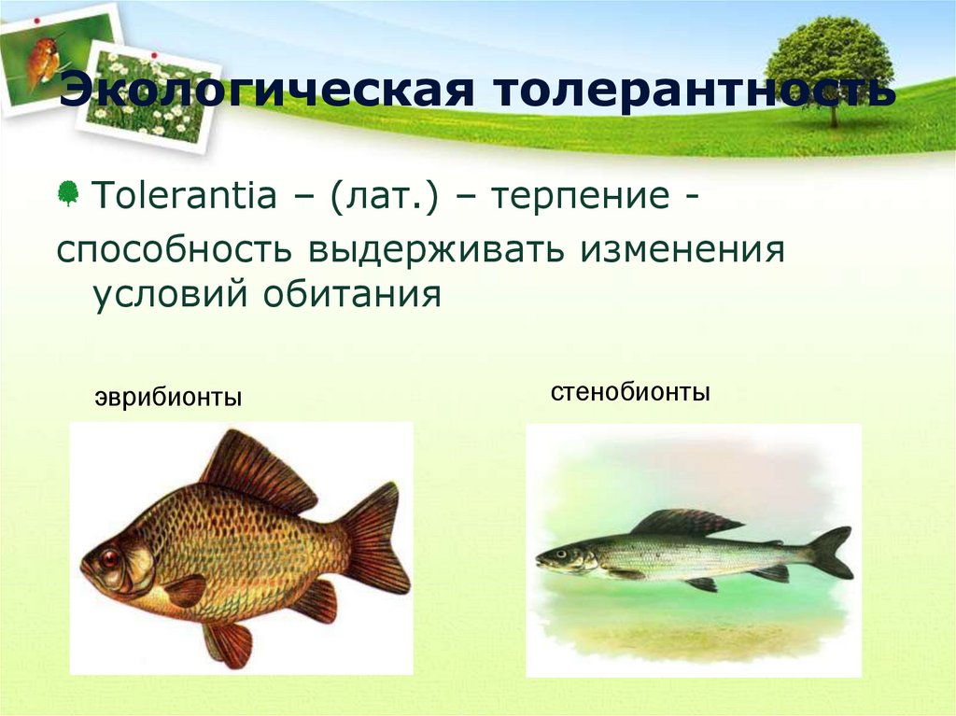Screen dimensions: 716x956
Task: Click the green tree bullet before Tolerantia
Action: pyautogui.click(x=68, y=194)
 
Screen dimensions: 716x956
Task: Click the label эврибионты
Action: pyautogui.click(x=168, y=399)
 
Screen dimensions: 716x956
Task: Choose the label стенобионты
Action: pyautogui.click(x=630, y=392)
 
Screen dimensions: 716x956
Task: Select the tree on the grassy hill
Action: pyautogui.click(x=829, y=65)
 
